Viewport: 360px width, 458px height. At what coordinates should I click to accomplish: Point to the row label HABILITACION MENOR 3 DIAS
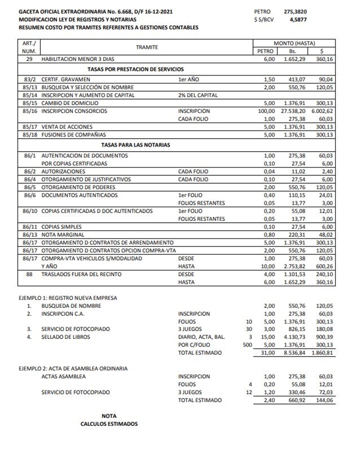pyautogui.click(x=78, y=59)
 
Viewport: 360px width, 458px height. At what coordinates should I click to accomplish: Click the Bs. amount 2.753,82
pyautogui.click(x=294, y=266)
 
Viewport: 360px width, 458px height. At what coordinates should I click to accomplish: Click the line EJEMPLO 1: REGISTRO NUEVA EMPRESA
pyautogui.click(x=68, y=298)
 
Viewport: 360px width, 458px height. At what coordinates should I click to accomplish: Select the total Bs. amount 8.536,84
pyautogui.click(x=294, y=353)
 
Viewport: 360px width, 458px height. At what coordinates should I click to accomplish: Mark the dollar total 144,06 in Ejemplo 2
pyautogui.click(x=324, y=400)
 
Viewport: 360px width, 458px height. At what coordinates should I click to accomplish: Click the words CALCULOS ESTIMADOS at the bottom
pyautogui.click(x=109, y=423)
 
